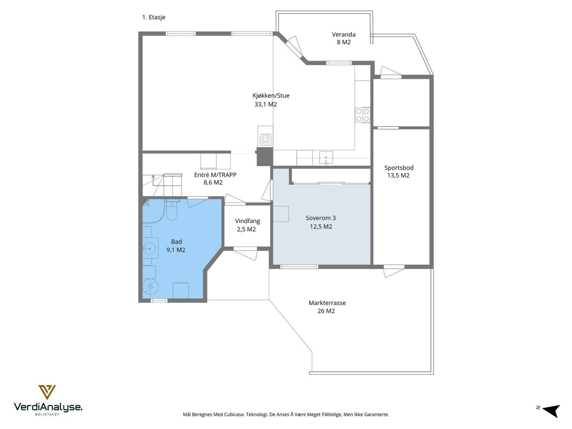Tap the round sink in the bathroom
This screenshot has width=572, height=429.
tap(149, 249)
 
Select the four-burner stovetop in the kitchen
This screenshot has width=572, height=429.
tap(363, 115)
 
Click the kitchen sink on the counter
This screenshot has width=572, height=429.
tap(326, 158)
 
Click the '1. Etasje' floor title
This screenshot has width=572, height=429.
tap(154, 17)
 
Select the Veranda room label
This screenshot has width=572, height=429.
tap(344, 34)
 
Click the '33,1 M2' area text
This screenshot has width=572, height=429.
tap(266, 104)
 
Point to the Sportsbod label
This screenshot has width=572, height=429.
tap(399, 168)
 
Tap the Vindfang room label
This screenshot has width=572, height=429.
tap(247, 221)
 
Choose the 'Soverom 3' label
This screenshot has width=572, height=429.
tap(321, 218)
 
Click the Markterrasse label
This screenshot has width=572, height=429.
tap(327, 303)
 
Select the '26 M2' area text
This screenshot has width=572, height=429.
tap(326, 311)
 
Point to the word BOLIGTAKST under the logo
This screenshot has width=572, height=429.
tap(47, 414)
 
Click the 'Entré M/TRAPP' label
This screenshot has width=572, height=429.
tap(215, 175)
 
